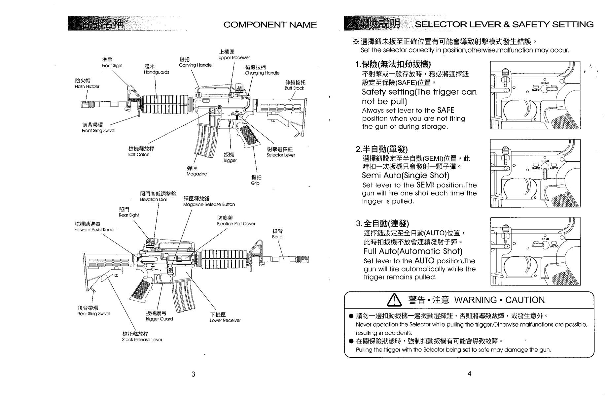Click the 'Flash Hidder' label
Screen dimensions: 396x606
click(x=87, y=86)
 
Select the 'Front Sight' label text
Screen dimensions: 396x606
click(x=112, y=66)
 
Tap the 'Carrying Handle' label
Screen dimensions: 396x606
click(x=195, y=65)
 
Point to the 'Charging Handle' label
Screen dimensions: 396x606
click(x=262, y=73)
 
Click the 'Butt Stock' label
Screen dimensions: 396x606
click(x=294, y=88)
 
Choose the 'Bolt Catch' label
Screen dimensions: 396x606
click(x=139, y=154)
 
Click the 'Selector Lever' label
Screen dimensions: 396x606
click(x=281, y=155)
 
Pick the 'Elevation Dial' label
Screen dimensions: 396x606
click(x=153, y=199)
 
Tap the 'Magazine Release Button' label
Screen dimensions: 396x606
click(x=209, y=205)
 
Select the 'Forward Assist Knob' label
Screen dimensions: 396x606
click(x=94, y=230)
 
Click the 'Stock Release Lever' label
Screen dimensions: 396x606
click(x=142, y=340)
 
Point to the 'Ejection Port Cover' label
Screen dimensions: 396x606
click(x=236, y=224)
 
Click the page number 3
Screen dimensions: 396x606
click(x=193, y=374)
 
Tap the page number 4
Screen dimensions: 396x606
click(x=469, y=374)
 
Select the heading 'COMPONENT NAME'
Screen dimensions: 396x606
click(x=270, y=25)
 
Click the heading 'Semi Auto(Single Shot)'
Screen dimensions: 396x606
click(x=405, y=176)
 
